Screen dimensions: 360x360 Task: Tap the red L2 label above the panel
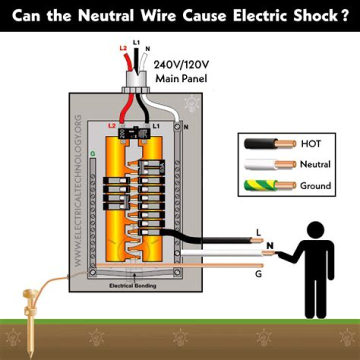tap(123, 48)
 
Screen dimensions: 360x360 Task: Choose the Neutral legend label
tap(315, 164)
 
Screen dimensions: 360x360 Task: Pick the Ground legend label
tap(315, 185)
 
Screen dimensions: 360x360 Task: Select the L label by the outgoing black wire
tap(258, 232)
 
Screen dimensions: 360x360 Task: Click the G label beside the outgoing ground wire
tap(258, 274)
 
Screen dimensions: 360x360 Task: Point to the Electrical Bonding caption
tap(134, 286)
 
